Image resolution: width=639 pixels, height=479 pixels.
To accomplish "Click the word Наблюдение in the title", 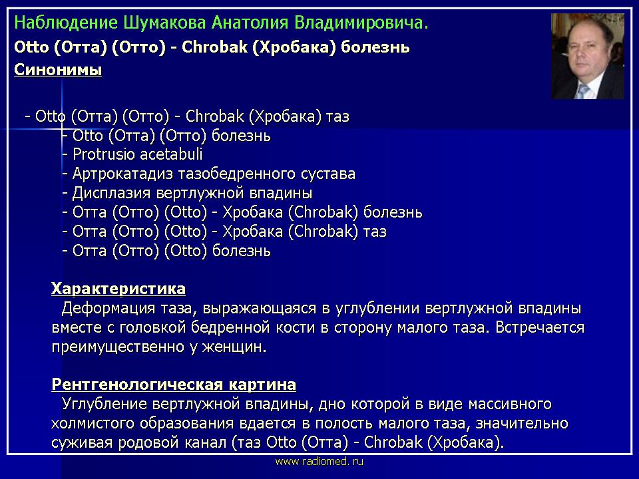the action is pos(66,23).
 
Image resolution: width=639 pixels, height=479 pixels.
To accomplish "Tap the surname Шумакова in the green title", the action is pos(164,23).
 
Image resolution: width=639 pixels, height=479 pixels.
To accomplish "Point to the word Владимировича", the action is pos(361,23).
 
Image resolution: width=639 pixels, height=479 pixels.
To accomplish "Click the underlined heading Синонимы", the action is pos(58,70).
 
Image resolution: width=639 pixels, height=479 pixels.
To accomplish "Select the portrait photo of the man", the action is pos(588,56).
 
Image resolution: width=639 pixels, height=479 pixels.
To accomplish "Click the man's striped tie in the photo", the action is pos(583,90).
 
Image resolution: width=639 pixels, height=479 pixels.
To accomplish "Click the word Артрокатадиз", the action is pos(124,174).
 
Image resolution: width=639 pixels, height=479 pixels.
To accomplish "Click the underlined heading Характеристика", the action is pos(118,289).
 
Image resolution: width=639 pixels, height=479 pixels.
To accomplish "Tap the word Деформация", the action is pos(108,308).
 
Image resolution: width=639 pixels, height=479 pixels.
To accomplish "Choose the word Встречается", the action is pos(540,327).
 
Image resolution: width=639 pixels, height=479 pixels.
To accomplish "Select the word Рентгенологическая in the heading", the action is pos(137,385).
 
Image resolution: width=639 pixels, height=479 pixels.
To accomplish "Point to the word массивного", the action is pos(510,404).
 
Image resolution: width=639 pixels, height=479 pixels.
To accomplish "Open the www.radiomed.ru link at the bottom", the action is pos(319,462).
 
